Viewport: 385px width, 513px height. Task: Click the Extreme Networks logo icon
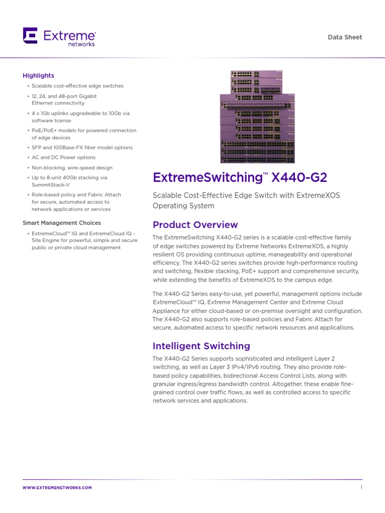(30, 36)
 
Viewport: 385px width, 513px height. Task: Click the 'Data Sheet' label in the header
(344, 37)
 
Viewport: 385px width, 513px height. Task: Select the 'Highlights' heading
(38, 76)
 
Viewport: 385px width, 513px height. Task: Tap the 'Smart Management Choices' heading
(62, 223)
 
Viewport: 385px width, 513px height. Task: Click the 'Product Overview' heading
(195, 224)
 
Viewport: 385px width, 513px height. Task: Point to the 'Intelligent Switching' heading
(201, 346)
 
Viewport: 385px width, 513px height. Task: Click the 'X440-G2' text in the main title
(299, 177)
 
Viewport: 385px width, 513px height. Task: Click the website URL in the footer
(57, 487)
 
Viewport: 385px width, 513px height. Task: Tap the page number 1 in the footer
(361, 487)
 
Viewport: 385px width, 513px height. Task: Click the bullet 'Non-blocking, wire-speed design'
(72, 168)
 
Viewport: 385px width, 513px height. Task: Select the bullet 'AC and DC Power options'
(63, 158)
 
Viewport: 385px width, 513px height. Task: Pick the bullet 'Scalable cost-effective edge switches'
(77, 86)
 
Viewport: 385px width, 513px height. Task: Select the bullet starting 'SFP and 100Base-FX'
(82, 148)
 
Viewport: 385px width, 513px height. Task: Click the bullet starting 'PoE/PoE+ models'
(84, 131)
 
